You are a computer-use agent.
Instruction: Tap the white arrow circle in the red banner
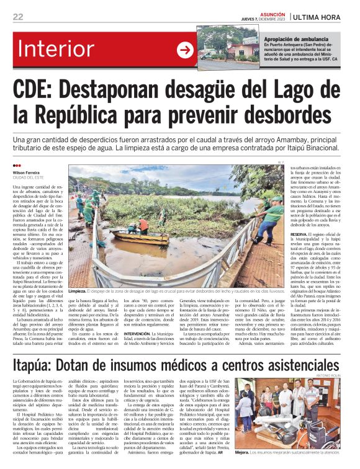click(184, 50)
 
